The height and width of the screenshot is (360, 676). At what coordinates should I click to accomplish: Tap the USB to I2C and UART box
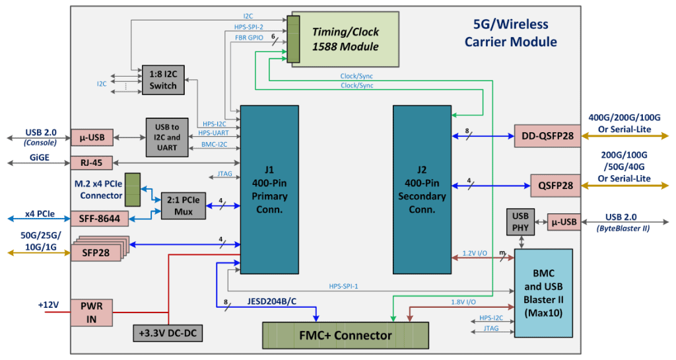click(167, 137)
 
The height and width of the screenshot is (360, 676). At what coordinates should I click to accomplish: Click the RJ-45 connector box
click(92, 162)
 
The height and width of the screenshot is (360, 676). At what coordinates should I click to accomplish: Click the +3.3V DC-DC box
click(168, 334)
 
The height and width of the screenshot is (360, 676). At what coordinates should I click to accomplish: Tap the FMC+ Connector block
click(345, 336)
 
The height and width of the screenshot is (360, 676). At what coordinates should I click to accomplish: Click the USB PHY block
click(520, 222)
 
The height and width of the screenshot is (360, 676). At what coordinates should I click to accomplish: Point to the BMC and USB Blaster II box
click(543, 293)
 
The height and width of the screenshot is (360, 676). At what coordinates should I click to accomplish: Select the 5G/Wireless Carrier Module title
click(510, 33)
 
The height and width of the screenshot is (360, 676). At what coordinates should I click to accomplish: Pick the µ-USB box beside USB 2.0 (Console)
click(92, 138)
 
